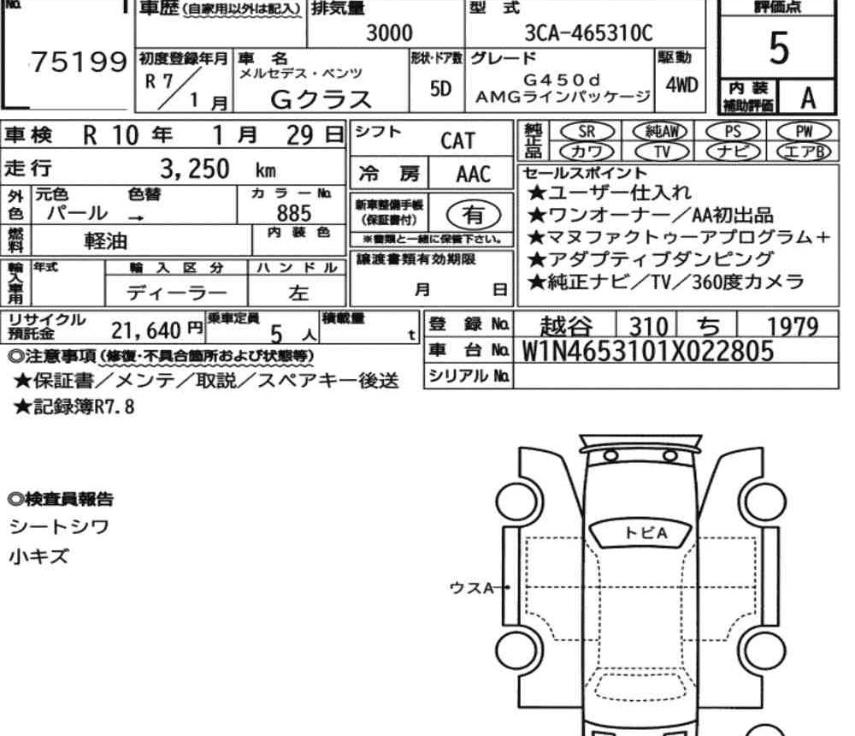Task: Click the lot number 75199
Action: [79, 62]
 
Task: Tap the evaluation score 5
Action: [778, 48]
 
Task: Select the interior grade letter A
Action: [808, 98]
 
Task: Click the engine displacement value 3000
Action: [389, 33]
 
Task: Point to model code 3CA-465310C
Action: [588, 33]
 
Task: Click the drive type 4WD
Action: [681, 86]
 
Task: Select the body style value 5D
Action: [440, 88]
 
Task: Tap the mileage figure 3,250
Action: [195, 169]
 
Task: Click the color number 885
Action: [294, 213]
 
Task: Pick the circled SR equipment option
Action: [587, 131]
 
